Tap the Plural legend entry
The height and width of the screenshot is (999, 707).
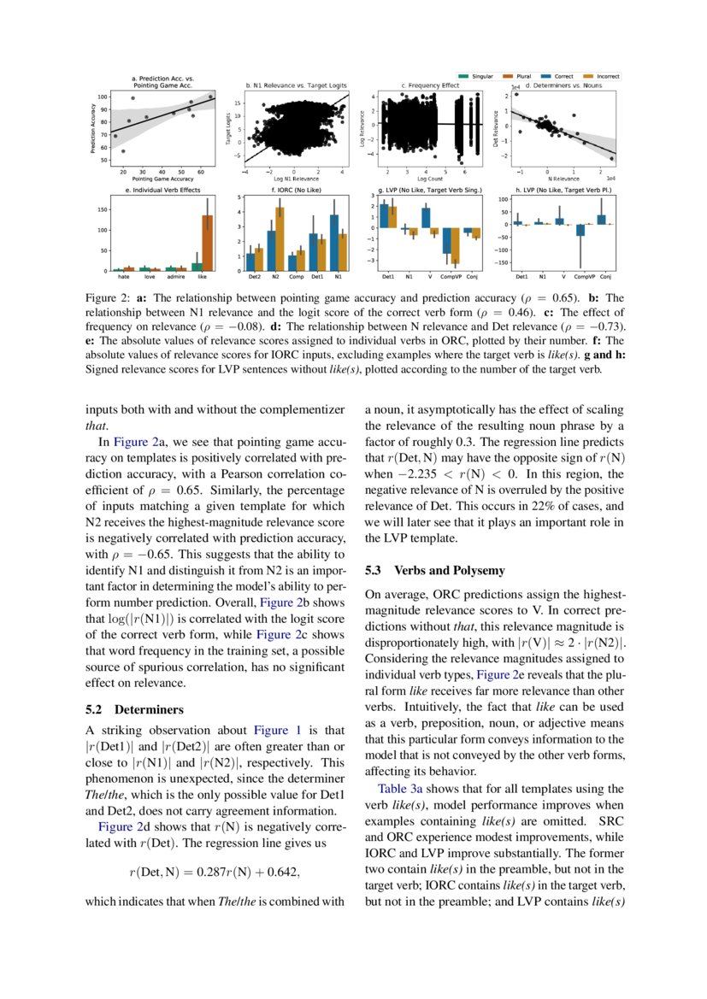[525, 76]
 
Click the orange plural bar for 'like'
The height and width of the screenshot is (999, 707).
[206, 243]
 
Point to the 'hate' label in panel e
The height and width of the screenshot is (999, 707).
[124, 278]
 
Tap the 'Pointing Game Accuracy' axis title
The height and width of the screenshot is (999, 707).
[162, 178]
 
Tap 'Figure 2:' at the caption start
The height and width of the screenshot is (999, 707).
[108, 298]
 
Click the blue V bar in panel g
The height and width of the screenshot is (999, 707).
[426, 218]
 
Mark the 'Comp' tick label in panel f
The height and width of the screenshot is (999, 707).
[296, 278]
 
